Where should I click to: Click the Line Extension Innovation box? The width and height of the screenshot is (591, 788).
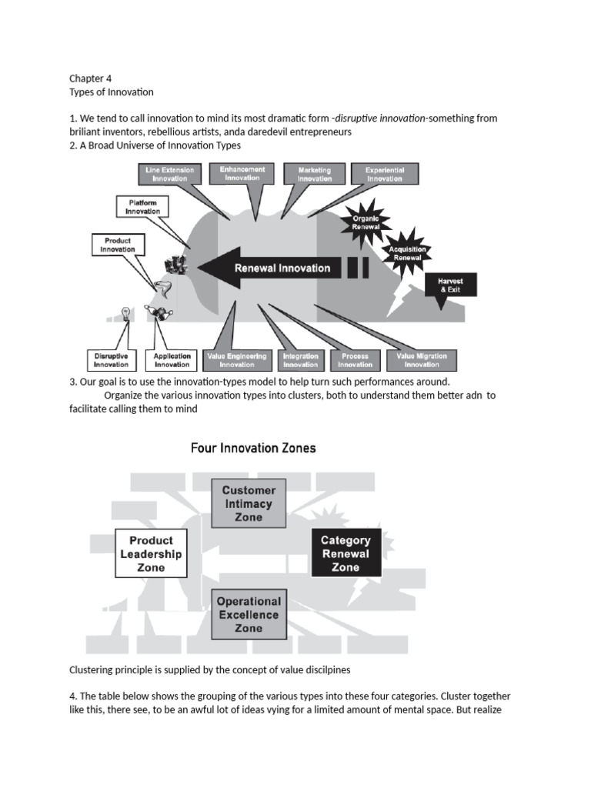pyautogui.click(x=169, y=174)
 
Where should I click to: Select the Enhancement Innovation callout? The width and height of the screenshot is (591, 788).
pyautogui.click(x=242, y=173)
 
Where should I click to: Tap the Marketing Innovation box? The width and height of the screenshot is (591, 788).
pyautogui.click(x=314, y=174)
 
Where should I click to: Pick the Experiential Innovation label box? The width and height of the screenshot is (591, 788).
pyautogui.click(x=385, y=174)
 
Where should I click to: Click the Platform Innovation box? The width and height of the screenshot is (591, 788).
pyautogui.click(x=143, y=206)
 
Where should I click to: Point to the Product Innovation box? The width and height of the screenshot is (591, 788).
pyautogui.click(x=118, y=245)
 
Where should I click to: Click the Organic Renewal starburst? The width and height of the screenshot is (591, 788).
pyautogui.click(x=366, y=223)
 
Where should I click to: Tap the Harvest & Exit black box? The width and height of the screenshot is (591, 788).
pyautogui.click(x=451, y=285)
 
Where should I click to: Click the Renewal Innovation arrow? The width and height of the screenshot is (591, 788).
pyautogui.click(x=277, y=268)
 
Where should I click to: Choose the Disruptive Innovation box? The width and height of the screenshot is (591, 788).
pyautogui.click(x=112, y=360)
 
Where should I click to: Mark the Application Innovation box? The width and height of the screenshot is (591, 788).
pyautogui.click(x=172, y=360)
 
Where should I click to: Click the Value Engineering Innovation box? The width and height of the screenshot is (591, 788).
pyautogui.click(x=237, y=360)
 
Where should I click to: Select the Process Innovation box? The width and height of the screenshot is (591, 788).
pyautogui.click(x=355, y=360)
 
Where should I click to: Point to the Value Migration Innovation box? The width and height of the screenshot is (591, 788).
pyautogui.click(x=422, y=360)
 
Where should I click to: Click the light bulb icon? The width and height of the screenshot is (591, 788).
pyautogui.click(x=124, y=313)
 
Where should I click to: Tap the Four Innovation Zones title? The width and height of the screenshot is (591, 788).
pyautogui.click(x=253, y=448)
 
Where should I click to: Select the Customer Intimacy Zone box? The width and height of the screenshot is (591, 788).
pyautogui.click(x=248, y=503)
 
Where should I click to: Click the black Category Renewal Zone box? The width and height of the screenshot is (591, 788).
pyautogui.click(x=346, y=553)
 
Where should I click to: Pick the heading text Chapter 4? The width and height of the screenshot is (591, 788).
pyautogui.click(x=91, y=78)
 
